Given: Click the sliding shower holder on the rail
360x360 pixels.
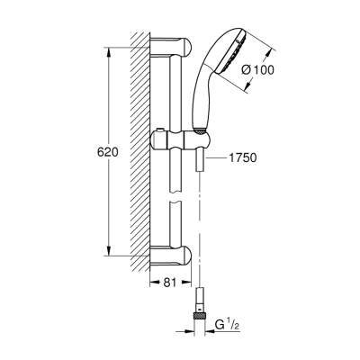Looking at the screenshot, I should pos(179,143).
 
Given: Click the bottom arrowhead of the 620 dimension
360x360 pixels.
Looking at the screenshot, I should pos(112,257).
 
